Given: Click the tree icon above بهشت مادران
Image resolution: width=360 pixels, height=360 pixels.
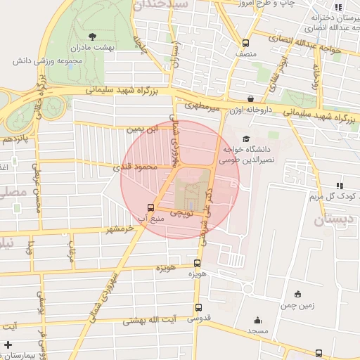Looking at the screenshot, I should (93, 35).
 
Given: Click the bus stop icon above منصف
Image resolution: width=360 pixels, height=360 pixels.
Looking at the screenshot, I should (245, 43).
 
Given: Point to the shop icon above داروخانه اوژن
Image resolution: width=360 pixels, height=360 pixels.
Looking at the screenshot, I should (251, 98).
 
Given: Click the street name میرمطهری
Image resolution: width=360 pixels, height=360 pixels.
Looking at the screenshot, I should (204, 108).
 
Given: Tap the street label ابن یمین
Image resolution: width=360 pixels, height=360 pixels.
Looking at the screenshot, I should (142, 129).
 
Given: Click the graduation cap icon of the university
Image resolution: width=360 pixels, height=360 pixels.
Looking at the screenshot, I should (245, 139).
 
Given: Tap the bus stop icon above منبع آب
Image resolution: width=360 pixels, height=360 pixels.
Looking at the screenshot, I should (150, 207).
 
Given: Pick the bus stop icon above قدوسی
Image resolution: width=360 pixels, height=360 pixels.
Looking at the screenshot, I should (198, 307).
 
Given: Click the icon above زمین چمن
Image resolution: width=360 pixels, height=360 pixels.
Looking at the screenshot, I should (299, 293).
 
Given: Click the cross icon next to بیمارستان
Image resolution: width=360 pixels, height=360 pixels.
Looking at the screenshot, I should (7, 345).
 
